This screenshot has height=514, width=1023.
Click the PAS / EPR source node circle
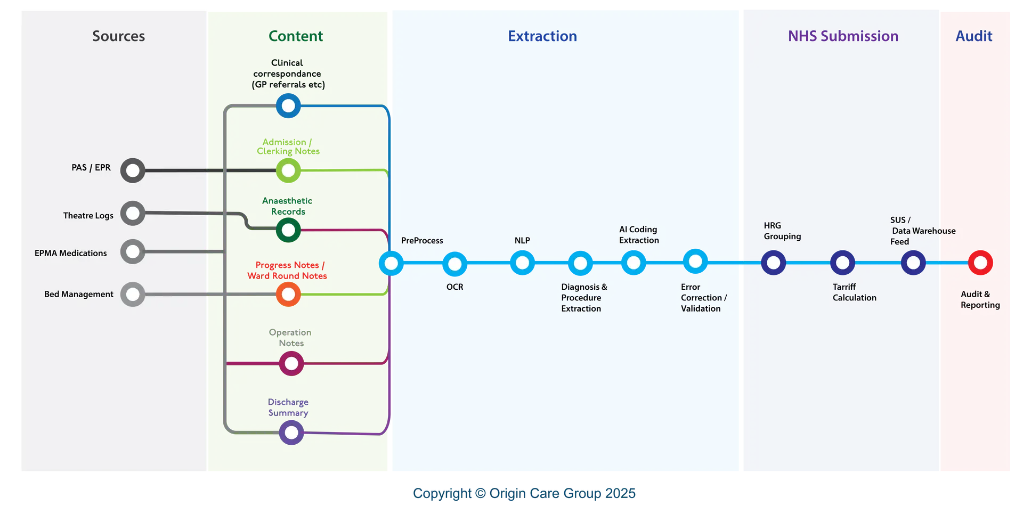point(133,170)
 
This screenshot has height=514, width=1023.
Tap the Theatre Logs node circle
point(133,213)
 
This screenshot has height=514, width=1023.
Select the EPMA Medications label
point(71,253)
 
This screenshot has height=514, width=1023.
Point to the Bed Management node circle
point(133,294)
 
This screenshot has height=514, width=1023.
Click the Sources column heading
point(118,36)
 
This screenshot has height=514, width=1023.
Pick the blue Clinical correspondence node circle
point(288,106)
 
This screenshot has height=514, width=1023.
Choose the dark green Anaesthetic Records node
point(288,230)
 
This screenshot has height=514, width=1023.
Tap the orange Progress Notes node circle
point(288,294)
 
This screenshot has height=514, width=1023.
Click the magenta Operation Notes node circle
point(291,364)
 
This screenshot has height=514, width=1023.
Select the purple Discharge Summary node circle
point(291,433)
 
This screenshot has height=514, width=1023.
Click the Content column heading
point(296,36)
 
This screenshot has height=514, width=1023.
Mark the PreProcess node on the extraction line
point(391,263)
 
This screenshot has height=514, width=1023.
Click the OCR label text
point(454,287)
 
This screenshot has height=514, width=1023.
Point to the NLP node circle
point(522,263)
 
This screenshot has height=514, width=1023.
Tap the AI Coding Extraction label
point(638,235)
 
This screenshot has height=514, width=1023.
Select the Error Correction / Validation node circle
point(695,262)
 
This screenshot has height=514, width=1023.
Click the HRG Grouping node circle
point(773,263)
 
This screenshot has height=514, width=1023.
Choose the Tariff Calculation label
point(854,292)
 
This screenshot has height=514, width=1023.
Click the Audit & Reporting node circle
point(980,263)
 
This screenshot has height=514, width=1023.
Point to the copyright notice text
point(524,494)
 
